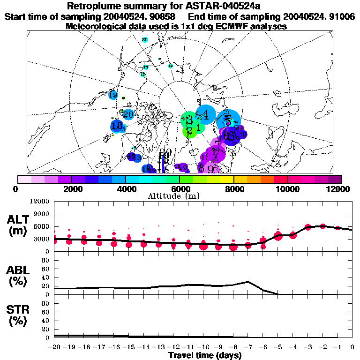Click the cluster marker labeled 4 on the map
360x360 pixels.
point(205,113)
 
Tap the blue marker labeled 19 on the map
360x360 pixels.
point(112,95)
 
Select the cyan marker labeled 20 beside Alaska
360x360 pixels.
point(128,114)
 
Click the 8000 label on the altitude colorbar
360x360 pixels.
point(232,189)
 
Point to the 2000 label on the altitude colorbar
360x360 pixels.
point(71,189)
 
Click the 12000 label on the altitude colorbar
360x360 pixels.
point(339,189)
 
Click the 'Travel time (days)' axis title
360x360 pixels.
point(205,356)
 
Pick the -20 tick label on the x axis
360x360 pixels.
point(54,347)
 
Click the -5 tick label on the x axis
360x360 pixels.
point(277,347)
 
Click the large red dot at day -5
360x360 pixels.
point(278,236)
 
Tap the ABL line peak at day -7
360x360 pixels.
point(248,282)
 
